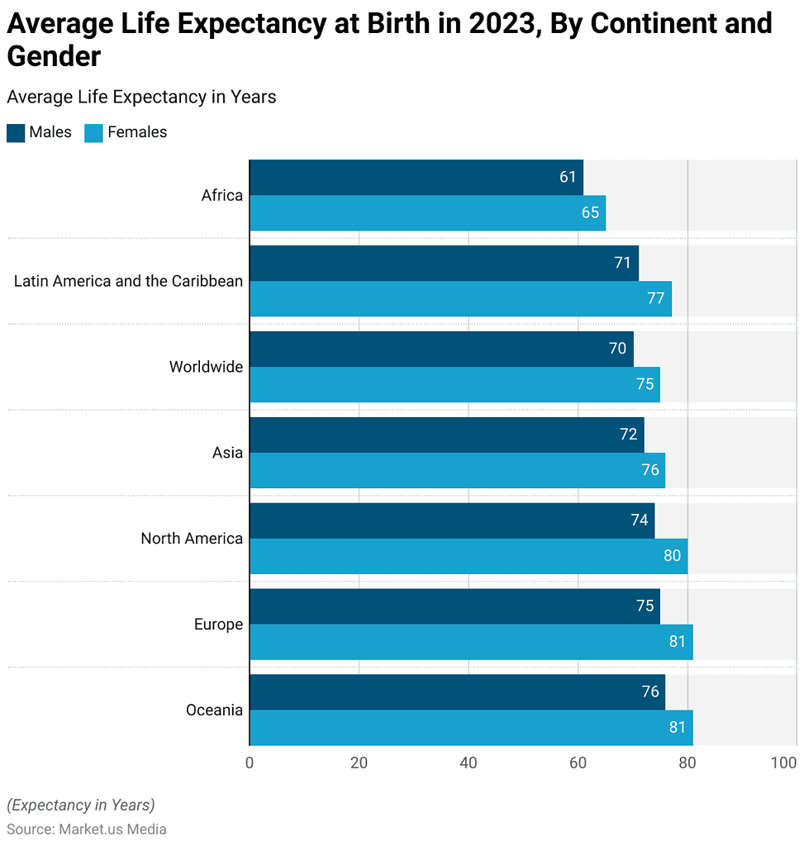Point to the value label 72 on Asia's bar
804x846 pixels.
[628, 435]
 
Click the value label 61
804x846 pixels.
[568, 178]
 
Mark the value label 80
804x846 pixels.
[672, 556]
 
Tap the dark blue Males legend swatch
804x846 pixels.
[16, 133]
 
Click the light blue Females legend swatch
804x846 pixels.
[94, 133]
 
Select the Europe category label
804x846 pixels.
[218, 625]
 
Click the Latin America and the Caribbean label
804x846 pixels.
[128, 281]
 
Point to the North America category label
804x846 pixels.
[192, 539]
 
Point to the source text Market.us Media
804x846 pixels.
[112, 829]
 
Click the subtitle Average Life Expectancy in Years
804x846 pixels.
[141, 97]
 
